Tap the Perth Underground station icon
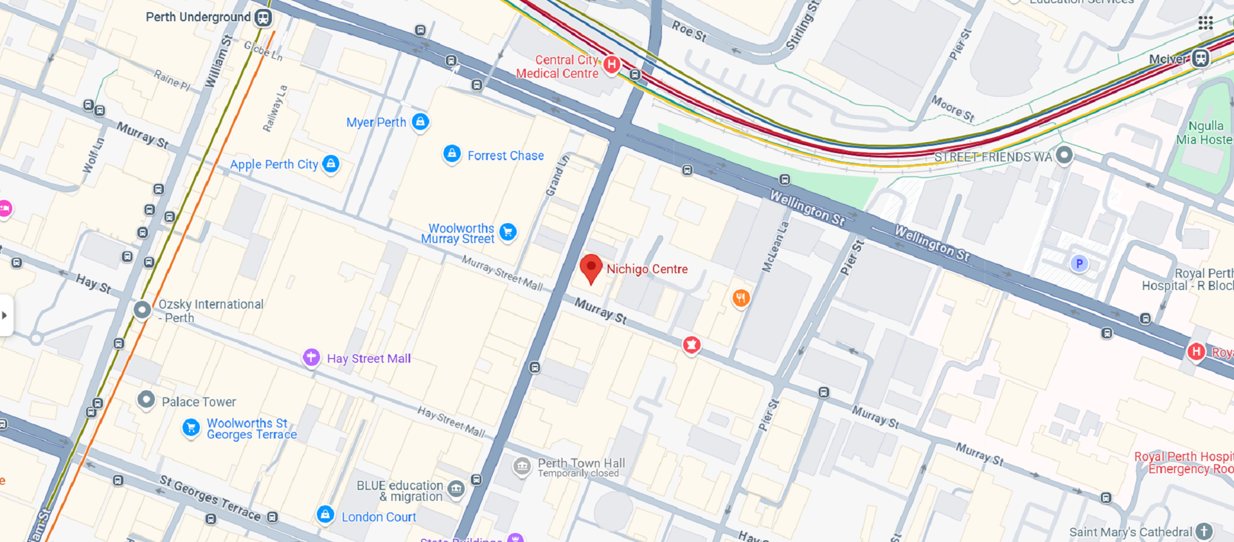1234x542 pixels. click(263, 17)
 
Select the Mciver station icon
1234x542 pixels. click(1200, 59)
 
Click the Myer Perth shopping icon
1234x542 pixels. click(420, 122)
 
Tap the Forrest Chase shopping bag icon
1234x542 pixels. click(452, 154)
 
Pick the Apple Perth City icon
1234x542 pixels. click(330, 164)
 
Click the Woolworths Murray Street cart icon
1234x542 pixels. click(508, 232)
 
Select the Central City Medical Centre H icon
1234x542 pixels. click(612, 64)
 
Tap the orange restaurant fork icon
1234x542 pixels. click(741, 298)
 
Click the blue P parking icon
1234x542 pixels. click(1079, 263)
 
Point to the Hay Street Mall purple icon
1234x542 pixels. click(312, 357)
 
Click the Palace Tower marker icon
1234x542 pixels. click(146, 400)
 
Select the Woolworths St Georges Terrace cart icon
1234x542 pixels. click(191, 427)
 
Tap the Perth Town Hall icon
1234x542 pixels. click(522, 465)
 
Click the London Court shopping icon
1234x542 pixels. click(325, 514)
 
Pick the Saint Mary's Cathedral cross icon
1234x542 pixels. click(1204, 532)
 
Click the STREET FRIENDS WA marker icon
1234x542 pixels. click(1064, 155)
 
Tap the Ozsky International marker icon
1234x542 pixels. click(142, 310)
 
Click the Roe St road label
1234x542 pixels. click(689, 31)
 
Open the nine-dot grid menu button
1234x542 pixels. click(1205, 23)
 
